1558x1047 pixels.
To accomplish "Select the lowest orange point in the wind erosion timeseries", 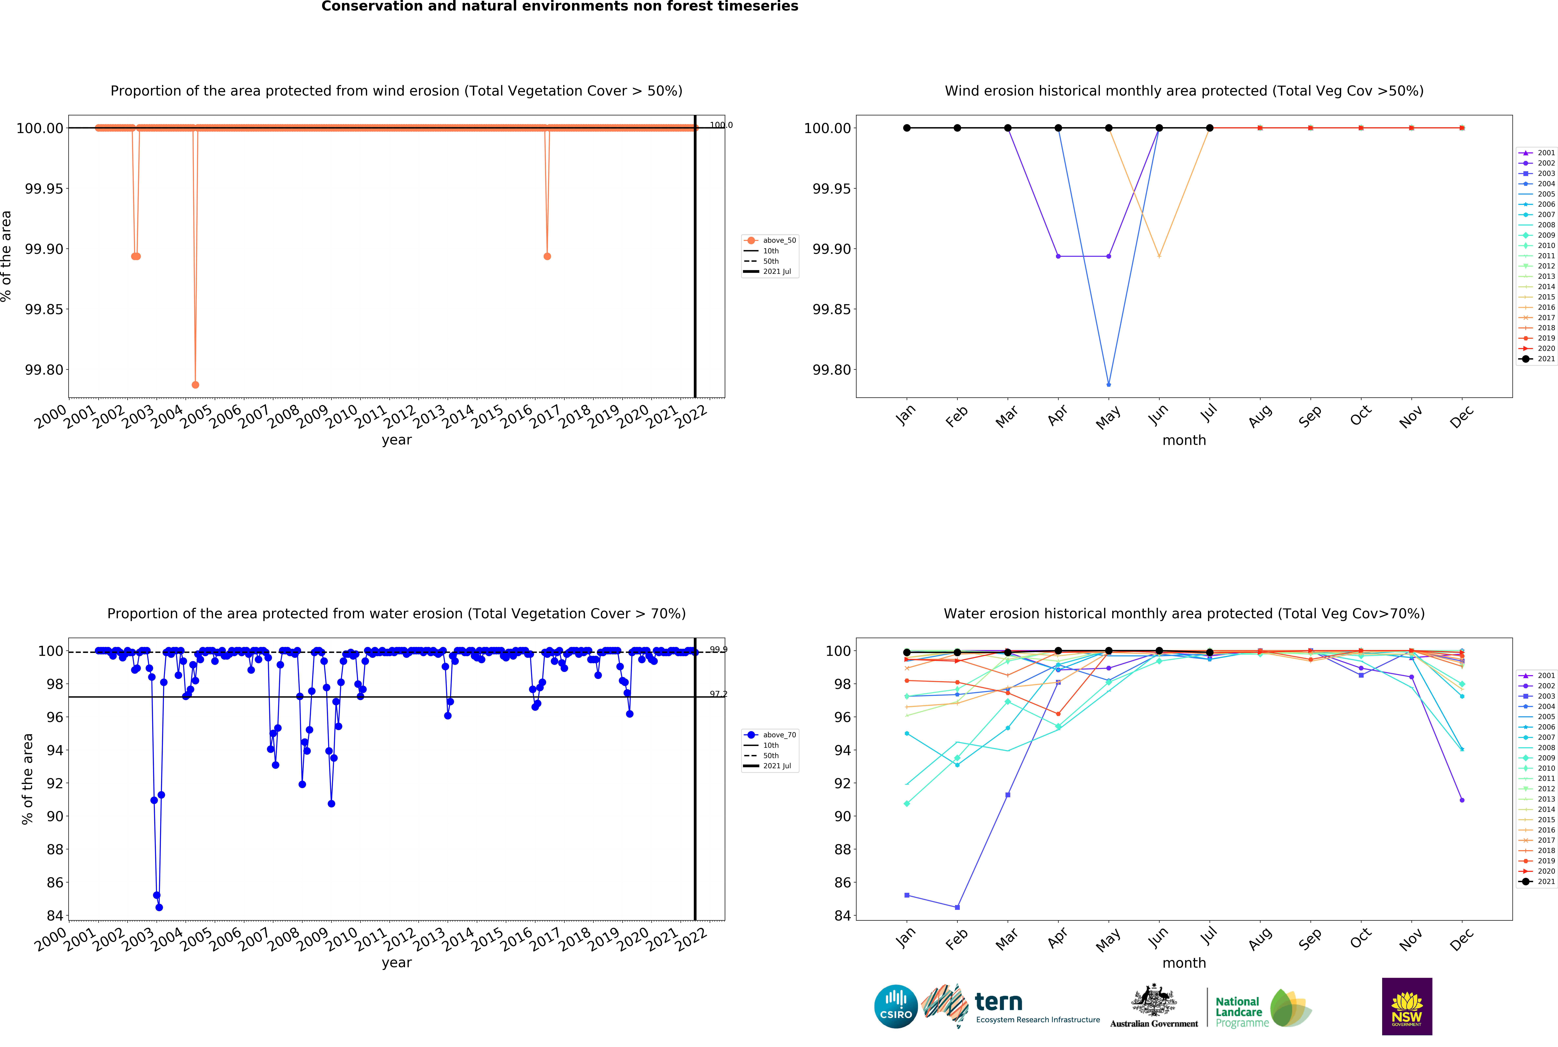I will pos(195,385).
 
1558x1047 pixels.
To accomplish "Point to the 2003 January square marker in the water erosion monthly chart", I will pos(906,895).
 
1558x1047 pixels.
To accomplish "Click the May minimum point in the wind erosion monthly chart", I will pos(1109,385).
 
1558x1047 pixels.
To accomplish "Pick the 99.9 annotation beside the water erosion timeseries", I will pos(719,650).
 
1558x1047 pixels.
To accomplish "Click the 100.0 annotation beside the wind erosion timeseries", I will pos(720,125).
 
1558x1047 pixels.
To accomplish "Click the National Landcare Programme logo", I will pos(1262,1008).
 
